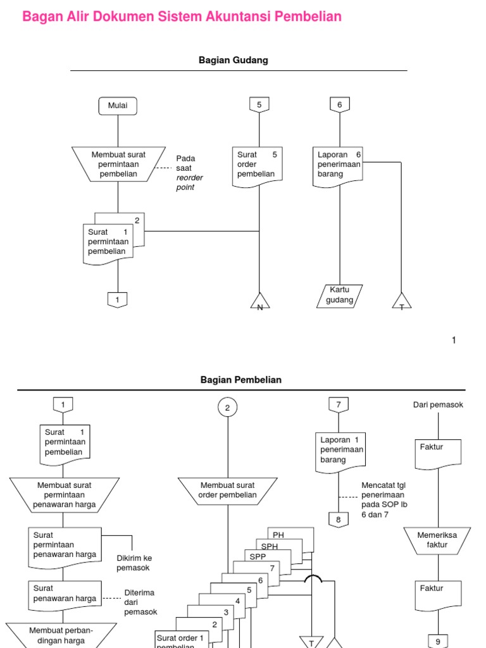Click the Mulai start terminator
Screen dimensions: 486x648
click(118, 106)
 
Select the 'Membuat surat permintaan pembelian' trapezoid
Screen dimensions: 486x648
click(118, 164)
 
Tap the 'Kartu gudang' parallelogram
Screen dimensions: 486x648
click(340, 296)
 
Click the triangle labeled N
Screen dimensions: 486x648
click(260, 301)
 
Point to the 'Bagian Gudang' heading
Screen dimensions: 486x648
click(234, 60)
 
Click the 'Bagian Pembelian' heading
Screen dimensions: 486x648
click(241, 380)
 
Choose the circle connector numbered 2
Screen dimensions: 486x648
click(227, 408)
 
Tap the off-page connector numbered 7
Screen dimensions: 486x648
click(339, 405)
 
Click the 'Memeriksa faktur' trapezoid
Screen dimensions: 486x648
click(437, 540)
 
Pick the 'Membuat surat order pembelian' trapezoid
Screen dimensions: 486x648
click(228, 491)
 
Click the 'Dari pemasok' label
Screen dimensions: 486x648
click(438, 405)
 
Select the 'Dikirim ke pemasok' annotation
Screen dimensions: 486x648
click(133, 563)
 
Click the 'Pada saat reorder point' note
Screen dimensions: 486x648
click(189, 173)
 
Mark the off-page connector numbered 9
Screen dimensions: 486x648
click(438, 641)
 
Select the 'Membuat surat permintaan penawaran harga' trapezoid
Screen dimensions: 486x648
click(65, 495)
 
